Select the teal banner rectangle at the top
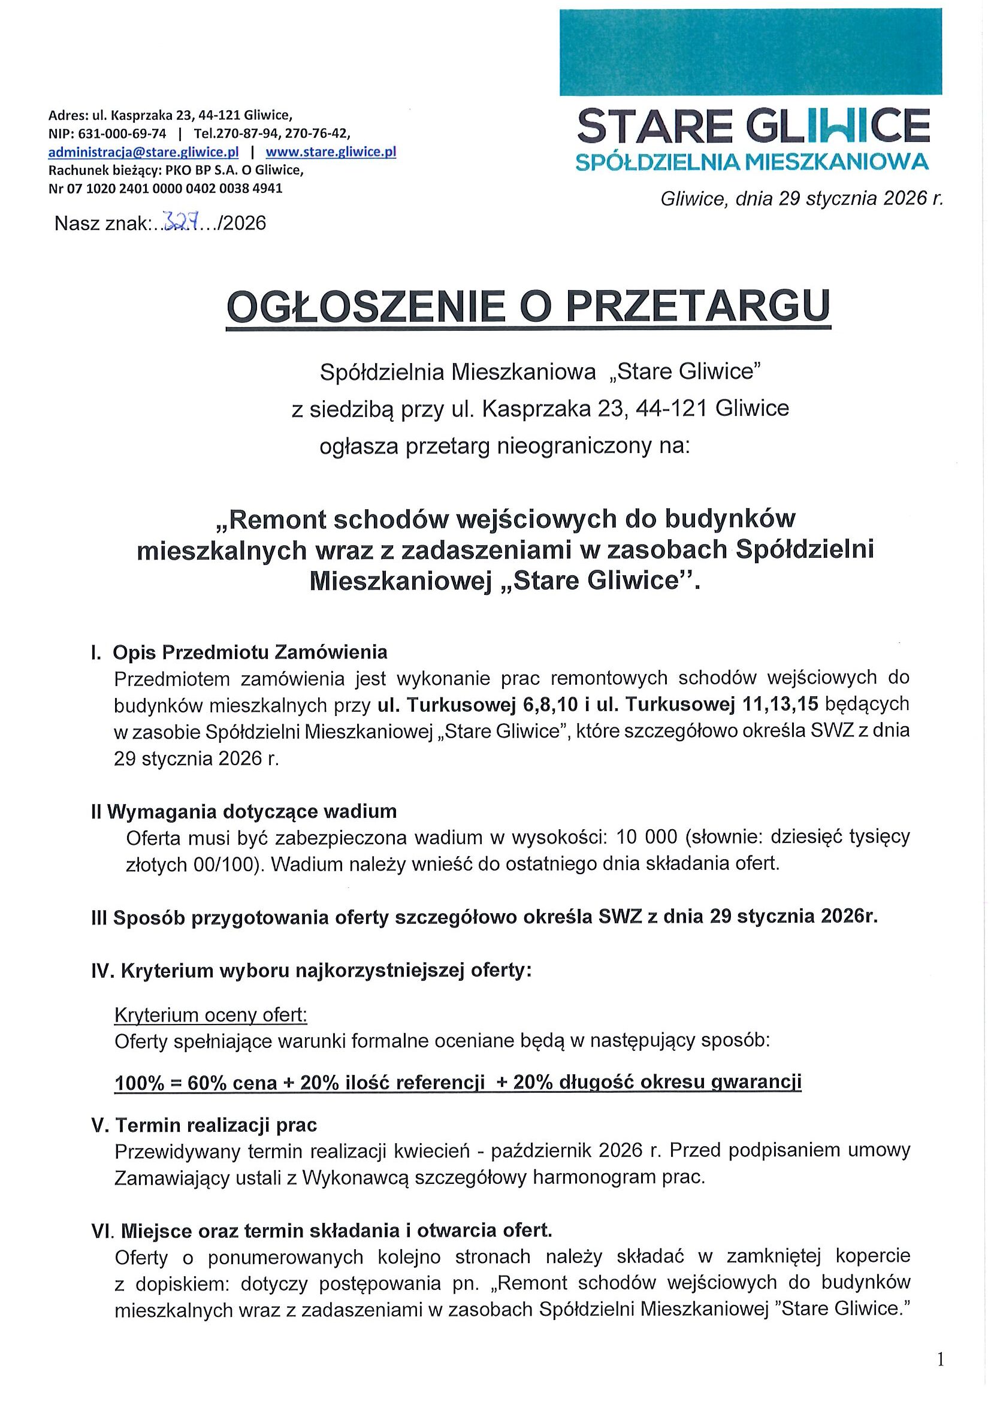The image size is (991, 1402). point(750,52)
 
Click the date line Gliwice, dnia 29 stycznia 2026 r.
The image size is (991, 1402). point(801,199)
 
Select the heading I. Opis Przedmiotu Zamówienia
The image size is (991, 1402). point(238,652)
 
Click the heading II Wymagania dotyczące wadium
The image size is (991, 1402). point(243,811)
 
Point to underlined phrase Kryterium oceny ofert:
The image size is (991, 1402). point(211,1016)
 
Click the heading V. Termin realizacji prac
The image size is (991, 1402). point(204,1125)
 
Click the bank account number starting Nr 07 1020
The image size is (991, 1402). point(165,188)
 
